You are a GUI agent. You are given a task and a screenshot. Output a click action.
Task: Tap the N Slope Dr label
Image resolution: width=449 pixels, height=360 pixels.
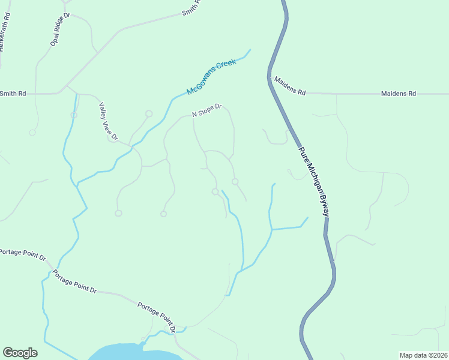coord(207,110)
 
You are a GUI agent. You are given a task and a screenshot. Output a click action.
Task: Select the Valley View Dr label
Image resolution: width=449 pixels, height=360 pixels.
coord(108,121)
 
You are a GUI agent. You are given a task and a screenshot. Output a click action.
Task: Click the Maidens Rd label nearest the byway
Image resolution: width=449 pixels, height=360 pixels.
coord(290,93)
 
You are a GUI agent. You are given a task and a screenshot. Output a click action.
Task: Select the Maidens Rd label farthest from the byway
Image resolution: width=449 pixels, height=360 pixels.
coord(399,94)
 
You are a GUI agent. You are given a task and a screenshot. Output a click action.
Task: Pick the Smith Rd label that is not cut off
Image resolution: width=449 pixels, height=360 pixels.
coord(13,93)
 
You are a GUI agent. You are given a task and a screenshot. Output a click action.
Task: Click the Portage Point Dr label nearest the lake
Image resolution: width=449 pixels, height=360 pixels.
coord(157,317)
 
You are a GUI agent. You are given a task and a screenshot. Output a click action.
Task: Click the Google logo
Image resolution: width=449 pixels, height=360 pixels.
coord(20,353)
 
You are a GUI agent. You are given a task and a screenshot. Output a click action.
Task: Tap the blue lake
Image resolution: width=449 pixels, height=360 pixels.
coord(132,353)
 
